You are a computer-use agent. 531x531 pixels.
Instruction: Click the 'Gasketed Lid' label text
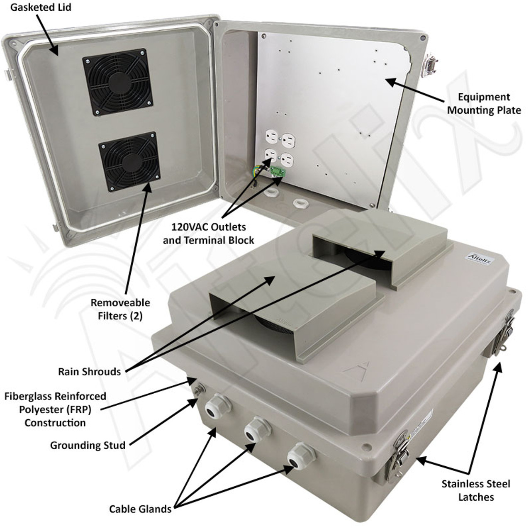(x=41, y=7)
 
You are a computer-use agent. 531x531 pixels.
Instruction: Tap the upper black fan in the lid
(x=118, y=82)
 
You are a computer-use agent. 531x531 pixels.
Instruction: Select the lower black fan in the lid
(x=129, y=162)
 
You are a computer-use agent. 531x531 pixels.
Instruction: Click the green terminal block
(x=278, y=172)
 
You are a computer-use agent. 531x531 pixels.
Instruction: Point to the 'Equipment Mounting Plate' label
(x=484, y=104)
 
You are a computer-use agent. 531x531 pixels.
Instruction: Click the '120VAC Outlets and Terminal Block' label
(x=208, y=234)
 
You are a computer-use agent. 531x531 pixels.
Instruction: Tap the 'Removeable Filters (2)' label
(x=120, y=309)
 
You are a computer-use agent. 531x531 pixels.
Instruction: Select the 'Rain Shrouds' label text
(x=90, y=372)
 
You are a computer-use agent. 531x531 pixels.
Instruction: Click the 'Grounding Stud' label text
(x=88, y=445)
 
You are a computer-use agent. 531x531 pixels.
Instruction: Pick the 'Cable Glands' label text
(x=140, y=509)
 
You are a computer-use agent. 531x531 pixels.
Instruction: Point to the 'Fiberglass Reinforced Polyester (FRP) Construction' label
(x=55, y=409)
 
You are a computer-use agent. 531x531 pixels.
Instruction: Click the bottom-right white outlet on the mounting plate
(x=287, y=160)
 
